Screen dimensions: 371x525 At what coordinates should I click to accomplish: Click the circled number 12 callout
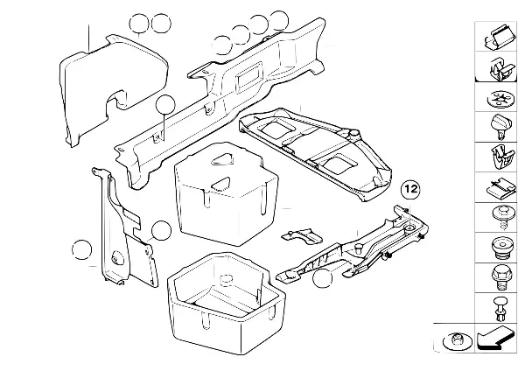click(x=411, y=188)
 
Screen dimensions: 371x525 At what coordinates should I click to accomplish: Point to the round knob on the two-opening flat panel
click(x=357, y=130)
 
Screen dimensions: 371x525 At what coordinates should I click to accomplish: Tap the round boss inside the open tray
click(x=225, y=282)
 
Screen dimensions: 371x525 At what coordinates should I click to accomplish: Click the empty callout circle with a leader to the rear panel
click(x=164, y=107)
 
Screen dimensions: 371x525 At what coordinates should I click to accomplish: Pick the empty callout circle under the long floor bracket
click(x=323, y=279)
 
